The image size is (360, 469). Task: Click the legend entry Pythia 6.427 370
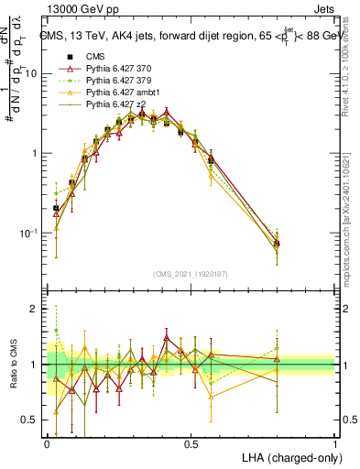coord(115,70)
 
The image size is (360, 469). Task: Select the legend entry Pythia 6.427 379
coord(115,82)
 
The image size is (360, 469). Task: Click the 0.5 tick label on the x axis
coord(191,443)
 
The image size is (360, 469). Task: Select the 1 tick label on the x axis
coord(335,443)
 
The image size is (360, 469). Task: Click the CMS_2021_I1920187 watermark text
coord(191,272)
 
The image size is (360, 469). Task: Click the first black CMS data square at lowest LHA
coord(56,209)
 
